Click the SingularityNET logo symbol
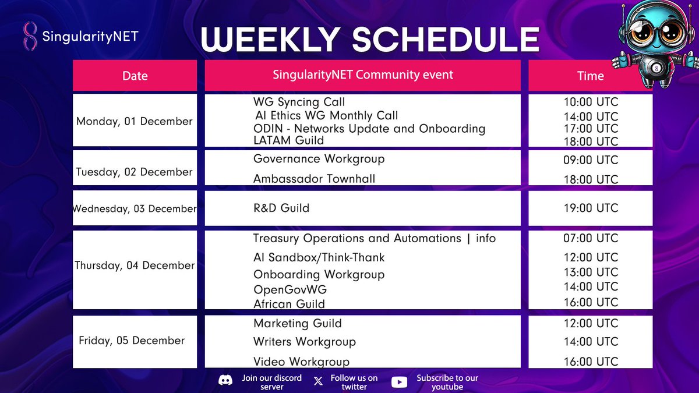(x=30, y=36)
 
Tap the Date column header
(x=135, y=76)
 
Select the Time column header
(x=591, y=76)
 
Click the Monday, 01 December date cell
(x=135, y=121)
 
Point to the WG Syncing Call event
(x=299, y=102)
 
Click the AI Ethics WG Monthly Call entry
(x=326, y=115)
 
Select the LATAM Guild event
(x=289, y=140)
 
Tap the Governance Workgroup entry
(x=319, y=159)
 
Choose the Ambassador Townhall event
(x=314, y=179)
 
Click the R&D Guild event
(x=281, y=208)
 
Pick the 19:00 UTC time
(x=591, y=208)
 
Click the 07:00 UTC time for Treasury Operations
(x=591, y=238)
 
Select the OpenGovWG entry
(x=290, y=290)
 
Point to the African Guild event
(x=290, y=304)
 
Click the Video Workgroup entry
(x=302, y=362)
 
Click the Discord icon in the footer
(x=225, y=381)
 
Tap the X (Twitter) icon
(x=318, y=381)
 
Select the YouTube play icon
(x=399, y=382)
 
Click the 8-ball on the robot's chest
(x=656, y=68)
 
